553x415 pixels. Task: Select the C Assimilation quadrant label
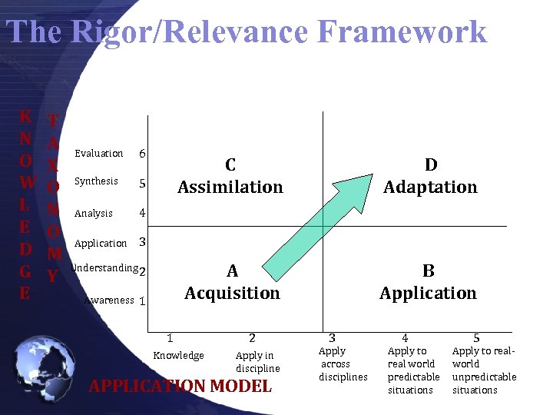[x=230, y=176]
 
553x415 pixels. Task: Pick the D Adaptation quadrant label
[x=430, y=176]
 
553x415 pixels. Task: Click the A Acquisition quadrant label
[x=232, y=282]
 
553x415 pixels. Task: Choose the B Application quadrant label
[x=428, y=282]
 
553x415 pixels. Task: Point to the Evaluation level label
[x=98, y=154]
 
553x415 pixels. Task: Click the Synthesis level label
[x=96, y=181]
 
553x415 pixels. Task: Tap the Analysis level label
[x=94, y=214]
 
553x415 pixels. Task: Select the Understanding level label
[x=104, y=268]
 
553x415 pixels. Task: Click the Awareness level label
[x=108, y=300]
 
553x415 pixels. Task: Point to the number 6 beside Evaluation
[x=143, y=154]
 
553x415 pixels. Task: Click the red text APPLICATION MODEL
[x=180, y=387]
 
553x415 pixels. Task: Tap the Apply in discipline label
[x=257, y=362]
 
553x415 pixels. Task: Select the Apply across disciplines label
[x=343, y=364]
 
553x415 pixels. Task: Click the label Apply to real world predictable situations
[x=413, y=370]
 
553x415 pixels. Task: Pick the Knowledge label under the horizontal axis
[x=178, y=355]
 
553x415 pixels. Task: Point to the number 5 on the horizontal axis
[x=476, y=337]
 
